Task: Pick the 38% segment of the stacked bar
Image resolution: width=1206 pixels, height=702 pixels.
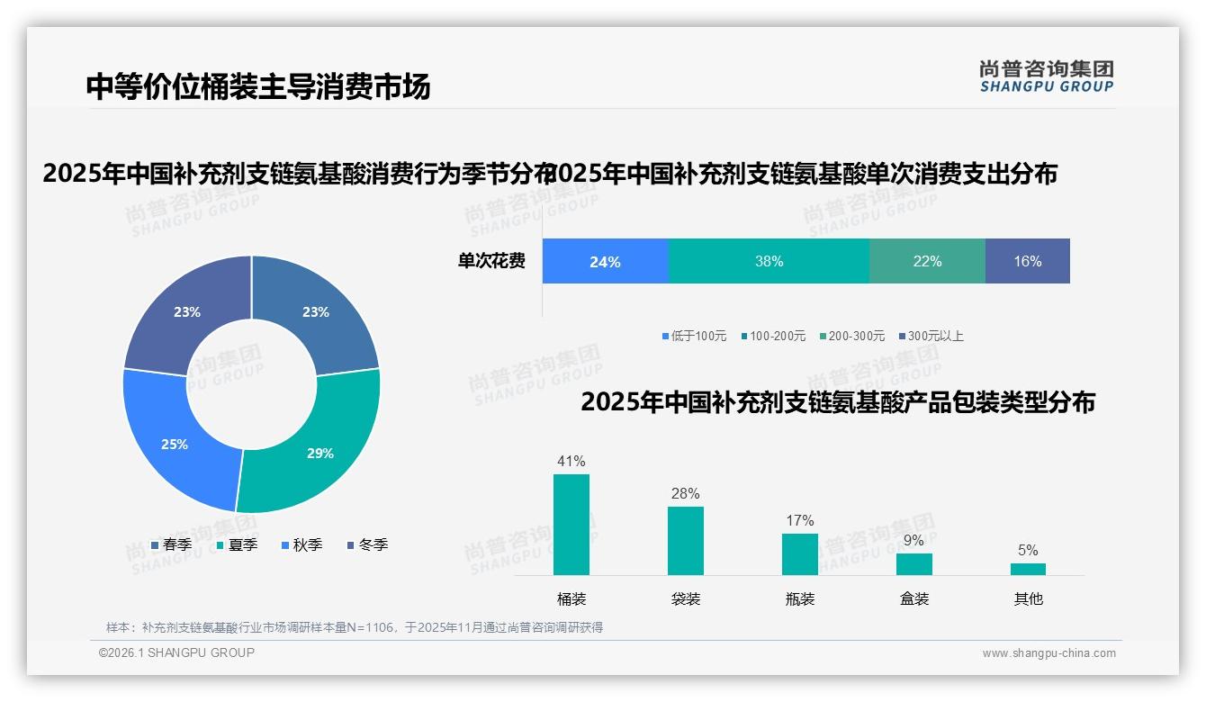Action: (x=769, y=261)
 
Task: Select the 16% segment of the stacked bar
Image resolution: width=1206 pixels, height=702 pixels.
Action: (x=1027, y=261)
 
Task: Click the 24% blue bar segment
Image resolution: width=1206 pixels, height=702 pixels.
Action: (x=605, y=261)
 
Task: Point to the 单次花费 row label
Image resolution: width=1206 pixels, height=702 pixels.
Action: (x=490, y=261)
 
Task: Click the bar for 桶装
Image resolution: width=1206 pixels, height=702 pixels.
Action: (x=571, y=524)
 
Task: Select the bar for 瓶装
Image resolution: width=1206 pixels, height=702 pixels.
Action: (x=799, y=553)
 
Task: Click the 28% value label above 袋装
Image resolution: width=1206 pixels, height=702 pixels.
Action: (x=685, y=493)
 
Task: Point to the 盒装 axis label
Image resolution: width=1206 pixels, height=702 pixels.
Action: (x=913, y=598)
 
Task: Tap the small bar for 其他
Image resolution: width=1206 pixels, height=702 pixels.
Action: (x=1028, y=569)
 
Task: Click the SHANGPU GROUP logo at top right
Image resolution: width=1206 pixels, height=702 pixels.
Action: (x=1046, y=76)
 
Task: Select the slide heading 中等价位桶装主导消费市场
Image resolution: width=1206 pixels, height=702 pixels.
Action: (x=258, y=86)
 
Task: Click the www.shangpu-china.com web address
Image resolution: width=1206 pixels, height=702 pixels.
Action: (x=1048, y=653)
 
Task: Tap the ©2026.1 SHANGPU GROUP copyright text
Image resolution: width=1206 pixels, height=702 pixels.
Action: (x=176, y=652)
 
